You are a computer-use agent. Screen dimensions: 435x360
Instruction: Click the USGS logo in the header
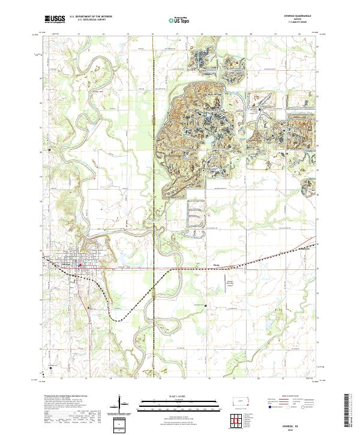(55, 19)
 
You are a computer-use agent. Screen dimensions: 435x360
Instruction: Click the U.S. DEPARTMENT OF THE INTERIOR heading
(91, 17)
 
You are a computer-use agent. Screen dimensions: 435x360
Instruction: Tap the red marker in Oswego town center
(80, 265)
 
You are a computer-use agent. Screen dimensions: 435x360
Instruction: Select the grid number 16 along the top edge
(153, 34)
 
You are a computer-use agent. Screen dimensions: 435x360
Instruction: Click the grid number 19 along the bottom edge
(226, 379)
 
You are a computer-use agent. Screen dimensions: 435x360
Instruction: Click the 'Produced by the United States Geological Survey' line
(66, 397)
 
